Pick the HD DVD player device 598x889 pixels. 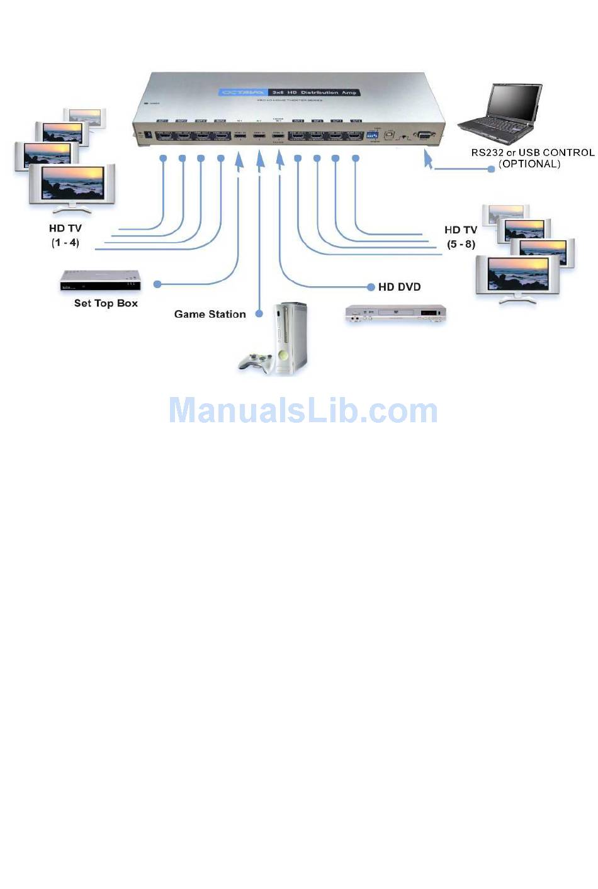click(x=395, y=313)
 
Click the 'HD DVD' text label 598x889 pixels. click(x=399, y=287)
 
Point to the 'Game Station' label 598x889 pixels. click(x=210, y=314)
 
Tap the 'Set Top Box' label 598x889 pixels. click(x=106, y=303)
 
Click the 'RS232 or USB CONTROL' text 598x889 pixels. click(x=533, y=152)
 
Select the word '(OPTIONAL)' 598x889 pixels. click(x=529, y=164)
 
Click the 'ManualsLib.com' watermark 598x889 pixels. click(x=303, y=410)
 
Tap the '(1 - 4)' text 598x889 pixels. click(x=65, y=243)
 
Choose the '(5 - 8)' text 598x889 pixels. click(x=461, y=244)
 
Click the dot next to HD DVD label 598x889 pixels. click(x=371, y=287)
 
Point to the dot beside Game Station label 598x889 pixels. click(x=259, y=313)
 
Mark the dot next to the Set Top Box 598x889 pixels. click(x=157, y=284)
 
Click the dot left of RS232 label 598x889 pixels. click(x=492, y=169)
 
